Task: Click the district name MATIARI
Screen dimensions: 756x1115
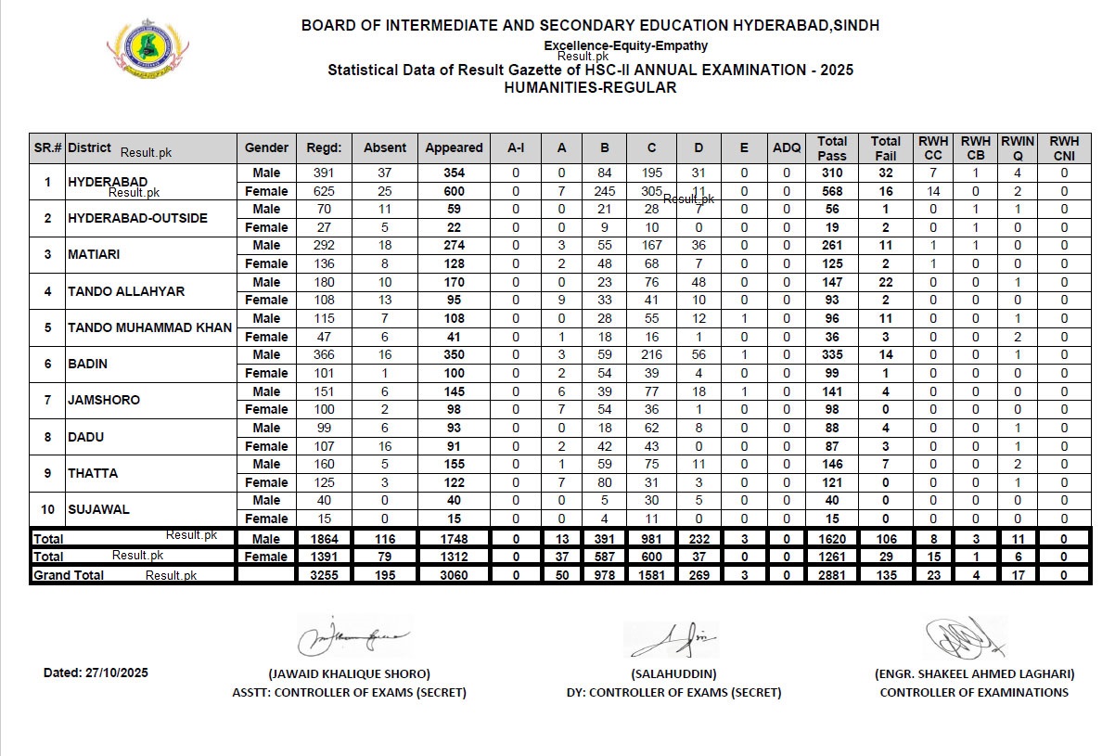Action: coord(94,254)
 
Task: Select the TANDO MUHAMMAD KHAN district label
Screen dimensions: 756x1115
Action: coord(149,327)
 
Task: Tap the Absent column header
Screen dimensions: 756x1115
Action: coord(385,147)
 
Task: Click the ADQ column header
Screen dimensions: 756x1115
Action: coord(787,147)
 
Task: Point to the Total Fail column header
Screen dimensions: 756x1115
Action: coord(886,147)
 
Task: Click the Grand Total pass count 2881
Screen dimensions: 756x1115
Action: coord(832,575)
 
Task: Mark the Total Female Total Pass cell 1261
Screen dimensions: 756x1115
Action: coord(832,557)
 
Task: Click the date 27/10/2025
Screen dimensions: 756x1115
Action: coord(96,673)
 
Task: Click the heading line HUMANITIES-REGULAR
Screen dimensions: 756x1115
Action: coord(590,88)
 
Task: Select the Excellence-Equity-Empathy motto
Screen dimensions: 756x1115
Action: coord(625,45)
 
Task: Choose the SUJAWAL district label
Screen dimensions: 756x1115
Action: coord(98,509)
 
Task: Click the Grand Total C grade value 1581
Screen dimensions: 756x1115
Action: coord(651,575)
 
